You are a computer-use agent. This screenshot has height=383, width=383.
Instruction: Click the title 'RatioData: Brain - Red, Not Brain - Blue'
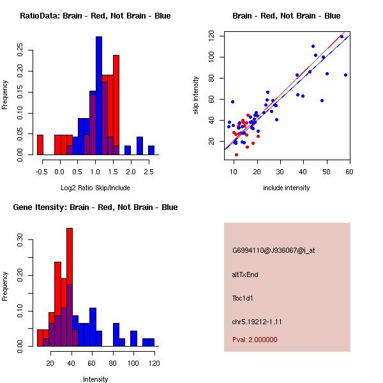[95, 16]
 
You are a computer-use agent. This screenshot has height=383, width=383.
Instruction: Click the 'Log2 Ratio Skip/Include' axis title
[95, 188]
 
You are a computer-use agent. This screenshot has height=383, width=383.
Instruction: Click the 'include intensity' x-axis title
[286, 188]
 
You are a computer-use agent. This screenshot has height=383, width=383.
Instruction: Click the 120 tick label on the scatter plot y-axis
[211, 36]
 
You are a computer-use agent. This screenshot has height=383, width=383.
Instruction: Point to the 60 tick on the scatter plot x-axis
[349, 171]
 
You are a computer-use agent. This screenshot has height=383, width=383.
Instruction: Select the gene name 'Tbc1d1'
[243, 298]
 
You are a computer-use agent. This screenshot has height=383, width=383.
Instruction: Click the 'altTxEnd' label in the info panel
[245, 274]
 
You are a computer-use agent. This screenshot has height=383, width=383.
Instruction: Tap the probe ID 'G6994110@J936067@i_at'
[273, 250]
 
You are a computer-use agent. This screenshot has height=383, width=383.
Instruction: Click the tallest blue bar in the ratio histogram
[99, 96]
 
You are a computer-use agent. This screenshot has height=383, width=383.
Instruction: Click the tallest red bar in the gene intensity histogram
[70, 287]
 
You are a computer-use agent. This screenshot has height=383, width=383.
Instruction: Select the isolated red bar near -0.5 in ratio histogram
[40, 145]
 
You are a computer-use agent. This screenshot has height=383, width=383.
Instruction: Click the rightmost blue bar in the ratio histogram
[151, 150]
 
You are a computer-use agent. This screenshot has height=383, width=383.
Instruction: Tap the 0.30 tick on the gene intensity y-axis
[21, 243]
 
